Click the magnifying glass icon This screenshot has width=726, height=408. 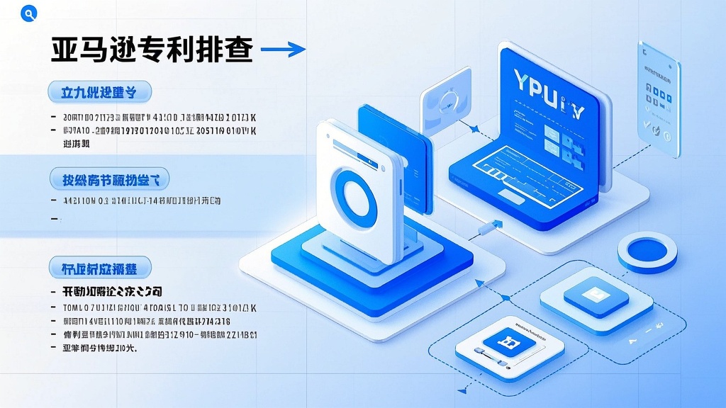pyautogui.click(x=29, y=13)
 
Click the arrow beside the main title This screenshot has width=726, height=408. pyautogui.click(x=284, y=49)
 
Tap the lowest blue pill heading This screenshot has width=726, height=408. pyautogui.click(x=101, y=268)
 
